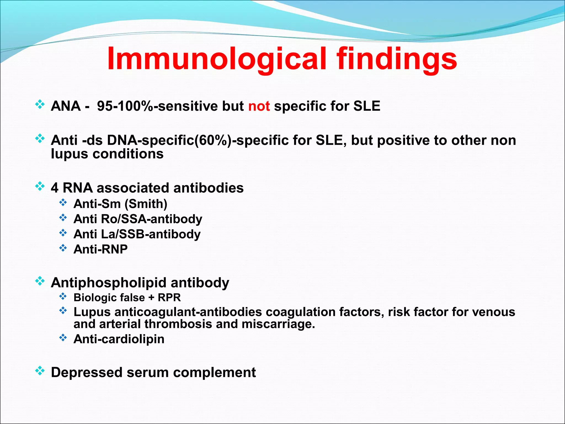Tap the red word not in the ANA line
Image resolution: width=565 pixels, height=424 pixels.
(x=259, y=106)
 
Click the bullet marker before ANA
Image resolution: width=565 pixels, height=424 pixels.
(x=40, y=105)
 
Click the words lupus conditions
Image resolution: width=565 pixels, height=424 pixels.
(x=107, y=154)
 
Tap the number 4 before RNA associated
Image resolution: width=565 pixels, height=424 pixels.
(x=55, y=188)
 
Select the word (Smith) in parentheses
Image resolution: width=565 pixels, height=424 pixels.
(x=146, y=204)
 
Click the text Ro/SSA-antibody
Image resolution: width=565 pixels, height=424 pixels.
(x=151, y=219)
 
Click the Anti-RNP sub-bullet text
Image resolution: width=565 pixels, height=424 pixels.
(x=100, y=249)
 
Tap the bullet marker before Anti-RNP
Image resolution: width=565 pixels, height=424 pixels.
(x=63, y=248)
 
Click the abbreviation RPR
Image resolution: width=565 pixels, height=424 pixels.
(x=169, y=298)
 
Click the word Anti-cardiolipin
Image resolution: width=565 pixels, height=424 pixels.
(x=119, y=339)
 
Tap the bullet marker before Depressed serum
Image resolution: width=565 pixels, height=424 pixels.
(x=40, y=371)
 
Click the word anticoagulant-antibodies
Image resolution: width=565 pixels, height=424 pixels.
(x=188, y=312)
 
